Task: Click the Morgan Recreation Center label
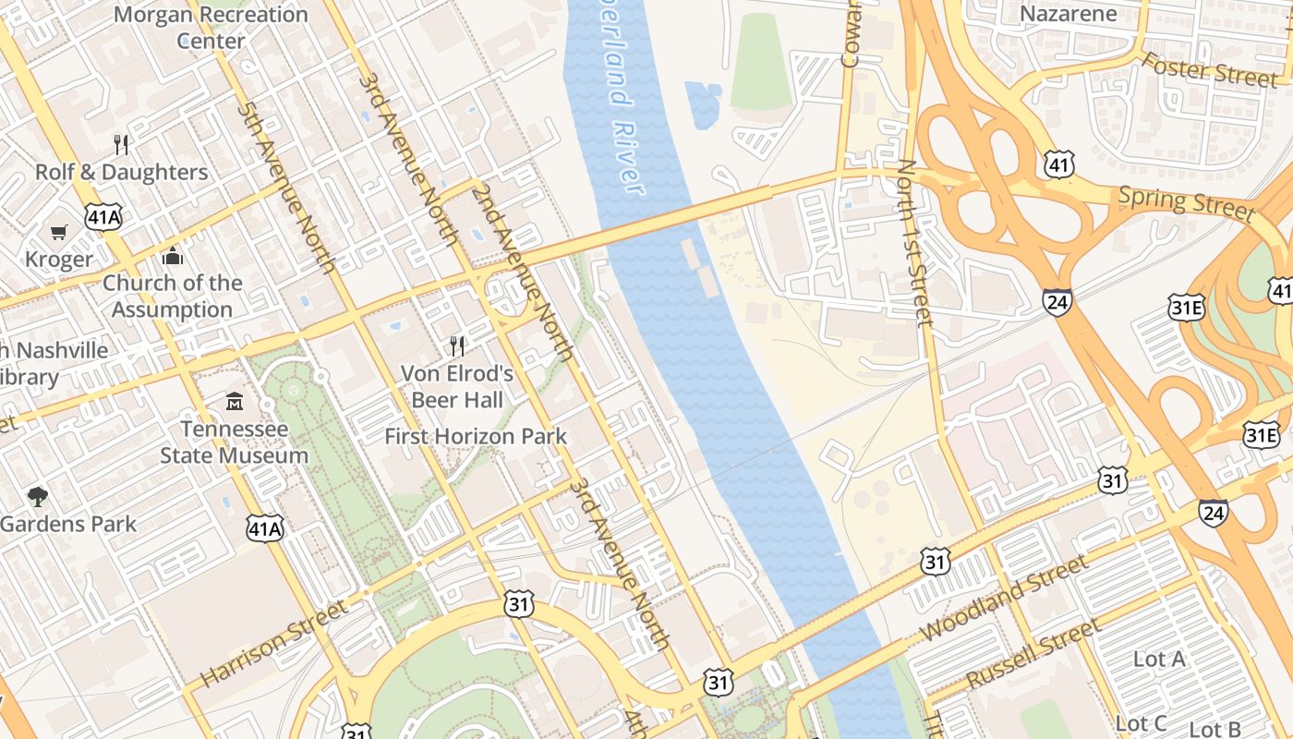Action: point(211,28)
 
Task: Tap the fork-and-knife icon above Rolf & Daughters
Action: point(121,144)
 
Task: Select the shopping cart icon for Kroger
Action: point(59,232)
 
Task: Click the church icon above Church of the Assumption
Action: point(172,256)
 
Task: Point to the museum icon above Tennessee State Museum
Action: point(235,402)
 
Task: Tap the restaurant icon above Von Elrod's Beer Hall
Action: point(457,346)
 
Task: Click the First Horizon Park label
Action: point(476,436)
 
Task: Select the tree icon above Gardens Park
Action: point(38,497)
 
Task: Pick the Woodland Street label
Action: point(1005,598)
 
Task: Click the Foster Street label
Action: point(1209,69)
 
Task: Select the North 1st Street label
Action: point(915,242)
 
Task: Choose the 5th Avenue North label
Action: point(285,188)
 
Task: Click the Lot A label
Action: point(1158,659)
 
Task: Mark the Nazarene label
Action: point(1068,14)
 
